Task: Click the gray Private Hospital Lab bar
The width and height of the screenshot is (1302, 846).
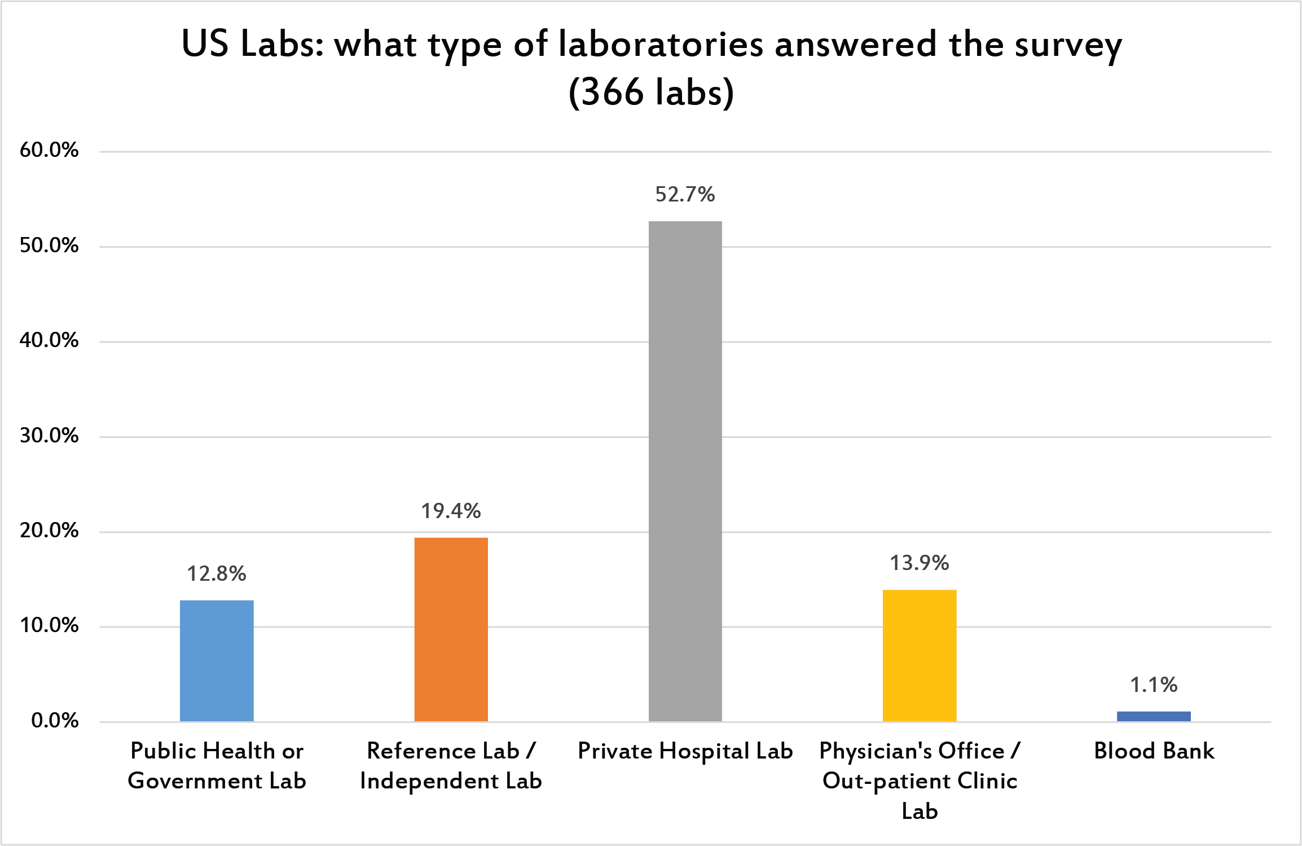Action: (685, 471)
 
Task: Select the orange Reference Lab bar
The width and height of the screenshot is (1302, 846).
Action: (451, 629)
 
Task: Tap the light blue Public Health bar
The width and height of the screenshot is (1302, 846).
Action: (217, 660)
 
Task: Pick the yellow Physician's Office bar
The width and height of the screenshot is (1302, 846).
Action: (919, 655)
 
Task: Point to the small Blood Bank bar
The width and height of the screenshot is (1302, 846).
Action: (1154, 716)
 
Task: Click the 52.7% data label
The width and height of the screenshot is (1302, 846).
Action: (685, 195)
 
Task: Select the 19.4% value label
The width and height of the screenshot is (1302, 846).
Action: (451, 511)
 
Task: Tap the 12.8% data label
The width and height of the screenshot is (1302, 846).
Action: (217, 574)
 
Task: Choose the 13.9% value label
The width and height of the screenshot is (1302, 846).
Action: (919, 563)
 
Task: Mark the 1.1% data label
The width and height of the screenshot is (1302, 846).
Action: (1154, 685)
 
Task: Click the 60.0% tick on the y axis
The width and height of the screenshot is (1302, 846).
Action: (49, 150)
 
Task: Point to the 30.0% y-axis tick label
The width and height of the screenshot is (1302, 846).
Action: (49, 436)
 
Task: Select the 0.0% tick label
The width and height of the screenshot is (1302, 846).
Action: (55, 721)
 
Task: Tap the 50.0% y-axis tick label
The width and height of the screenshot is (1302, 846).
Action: (49, 246)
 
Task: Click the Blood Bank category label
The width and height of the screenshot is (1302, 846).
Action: (1154, 751)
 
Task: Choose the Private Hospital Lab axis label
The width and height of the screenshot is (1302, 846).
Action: (685, 751)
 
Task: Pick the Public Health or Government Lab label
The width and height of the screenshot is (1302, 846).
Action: (217, 766)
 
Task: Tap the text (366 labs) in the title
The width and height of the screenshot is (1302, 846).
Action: (651, 92)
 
